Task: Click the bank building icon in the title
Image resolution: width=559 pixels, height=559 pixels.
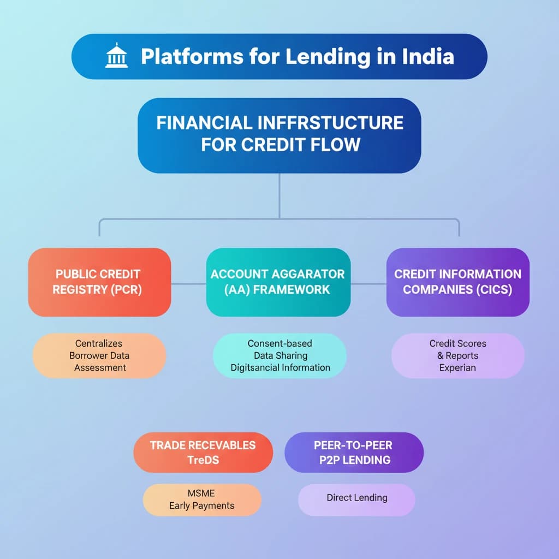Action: [x=116, y=56]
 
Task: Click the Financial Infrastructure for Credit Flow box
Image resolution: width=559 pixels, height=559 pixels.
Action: [x=279, y=135]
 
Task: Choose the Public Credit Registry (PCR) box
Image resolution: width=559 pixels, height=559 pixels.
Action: [x=99, y=282]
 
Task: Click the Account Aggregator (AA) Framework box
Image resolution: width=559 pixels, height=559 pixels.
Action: [x=278, y=282]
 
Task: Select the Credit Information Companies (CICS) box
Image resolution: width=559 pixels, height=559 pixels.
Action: [x=457, y=282]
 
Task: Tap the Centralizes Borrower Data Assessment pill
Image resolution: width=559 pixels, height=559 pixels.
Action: [x=99, y=355]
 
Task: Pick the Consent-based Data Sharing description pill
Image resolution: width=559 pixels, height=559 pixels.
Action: [x=279, y=355]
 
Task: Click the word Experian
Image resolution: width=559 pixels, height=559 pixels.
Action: [x=457, y=367]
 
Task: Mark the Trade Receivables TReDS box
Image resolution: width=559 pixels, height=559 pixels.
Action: [x=203, y=452]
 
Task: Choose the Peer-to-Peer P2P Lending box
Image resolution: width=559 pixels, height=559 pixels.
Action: [x=354, y=452]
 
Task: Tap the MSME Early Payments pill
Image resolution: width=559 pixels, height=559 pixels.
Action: [x=201, y=499]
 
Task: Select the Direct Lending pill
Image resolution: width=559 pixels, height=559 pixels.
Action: [x=356, y=498]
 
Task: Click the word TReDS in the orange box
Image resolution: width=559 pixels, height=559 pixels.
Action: [x=203, y=460]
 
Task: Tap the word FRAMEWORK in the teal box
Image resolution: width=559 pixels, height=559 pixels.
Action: [x=294, y=289]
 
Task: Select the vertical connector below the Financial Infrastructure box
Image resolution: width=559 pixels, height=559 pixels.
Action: [x=279, y=195]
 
